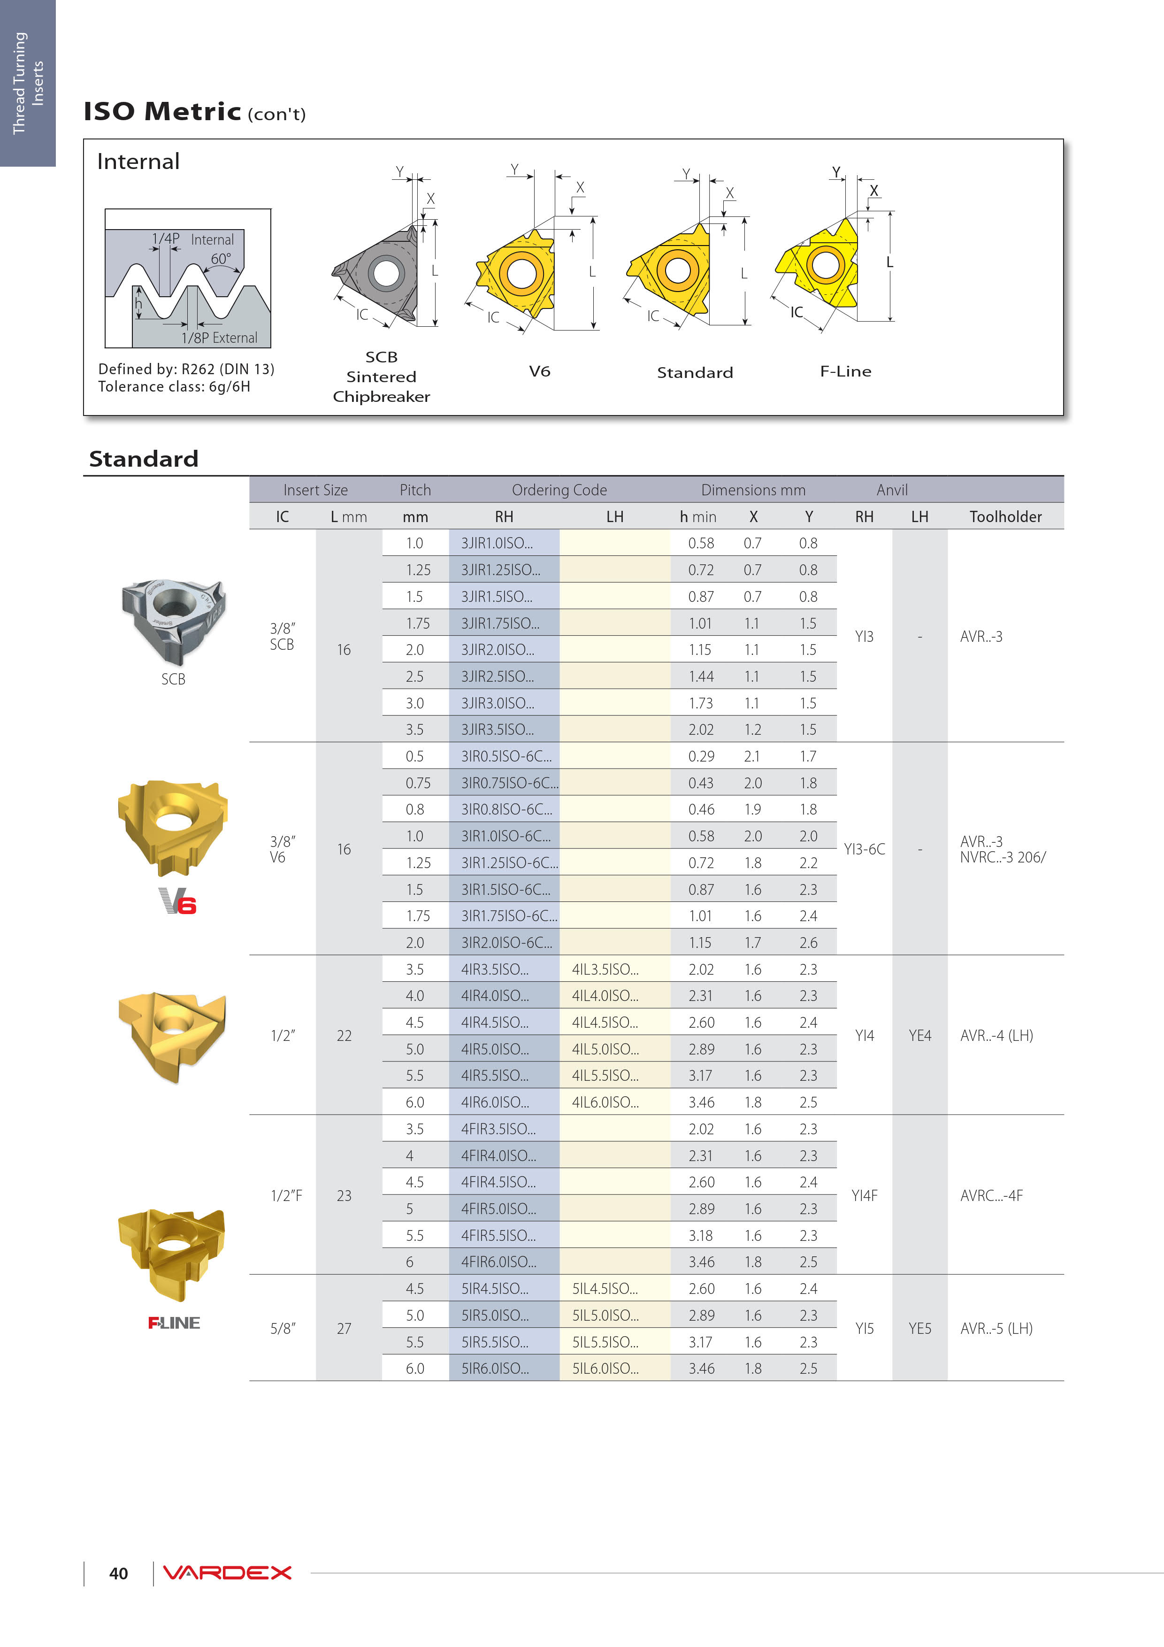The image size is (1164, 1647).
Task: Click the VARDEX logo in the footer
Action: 227,1572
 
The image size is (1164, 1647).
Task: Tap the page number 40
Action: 118,1573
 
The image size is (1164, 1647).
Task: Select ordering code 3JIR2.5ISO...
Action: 497,677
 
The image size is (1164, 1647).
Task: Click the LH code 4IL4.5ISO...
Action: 605,1022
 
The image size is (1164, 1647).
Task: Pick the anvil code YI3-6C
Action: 864,849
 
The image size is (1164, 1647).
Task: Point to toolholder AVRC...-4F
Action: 991,1195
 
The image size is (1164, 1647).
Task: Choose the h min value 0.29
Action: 701,756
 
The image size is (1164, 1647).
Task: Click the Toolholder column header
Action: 1005,516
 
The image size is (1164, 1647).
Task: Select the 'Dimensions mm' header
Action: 753,490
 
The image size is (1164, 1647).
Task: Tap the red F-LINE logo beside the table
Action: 174,1323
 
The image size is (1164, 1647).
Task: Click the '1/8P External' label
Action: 219,338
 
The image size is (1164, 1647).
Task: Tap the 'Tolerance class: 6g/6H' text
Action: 174,387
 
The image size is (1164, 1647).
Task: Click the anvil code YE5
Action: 919,1329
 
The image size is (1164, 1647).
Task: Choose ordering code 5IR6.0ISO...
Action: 495,1368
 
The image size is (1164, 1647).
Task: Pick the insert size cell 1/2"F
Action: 286,1195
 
